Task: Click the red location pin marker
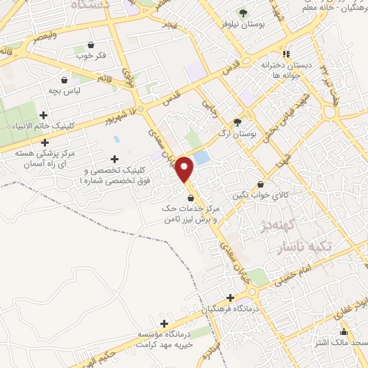pyautogui.click(x=185, y=170)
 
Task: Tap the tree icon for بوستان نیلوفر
pyautogui.click(x=242, y=12)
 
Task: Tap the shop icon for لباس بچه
pyautogui.click(x=65, y=80)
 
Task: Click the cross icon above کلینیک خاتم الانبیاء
pyautogui.click(x=44, y=115)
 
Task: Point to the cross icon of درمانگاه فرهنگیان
pyautogui.click(x=230, y=298)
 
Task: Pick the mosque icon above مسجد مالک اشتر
pyautogui.click(x=344, y=331)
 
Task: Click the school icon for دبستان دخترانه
pyautogui.click(x=286, y=53)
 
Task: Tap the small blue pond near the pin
pyautogui.click(x=202, y=157)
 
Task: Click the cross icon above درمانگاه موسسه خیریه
pyautogui.click(x=165, y=324)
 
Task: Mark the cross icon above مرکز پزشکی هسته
pyautogui.click(x=45, y=142)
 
